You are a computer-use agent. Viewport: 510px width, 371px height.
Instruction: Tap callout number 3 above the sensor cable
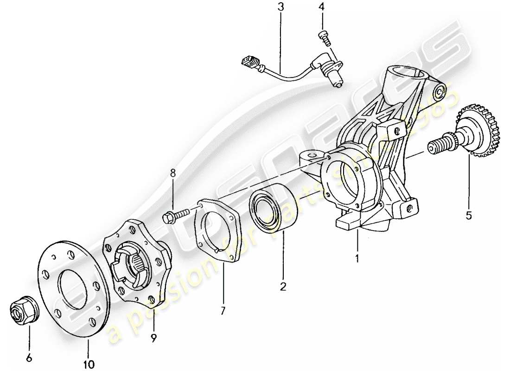point(280,7)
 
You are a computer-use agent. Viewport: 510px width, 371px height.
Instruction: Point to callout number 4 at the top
point(321,7)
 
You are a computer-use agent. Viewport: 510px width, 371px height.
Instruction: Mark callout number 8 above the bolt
point(173,173)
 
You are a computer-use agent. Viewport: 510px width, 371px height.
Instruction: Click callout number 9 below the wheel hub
point(153,338)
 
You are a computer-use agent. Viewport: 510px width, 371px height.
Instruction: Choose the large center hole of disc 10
point(74,288)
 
